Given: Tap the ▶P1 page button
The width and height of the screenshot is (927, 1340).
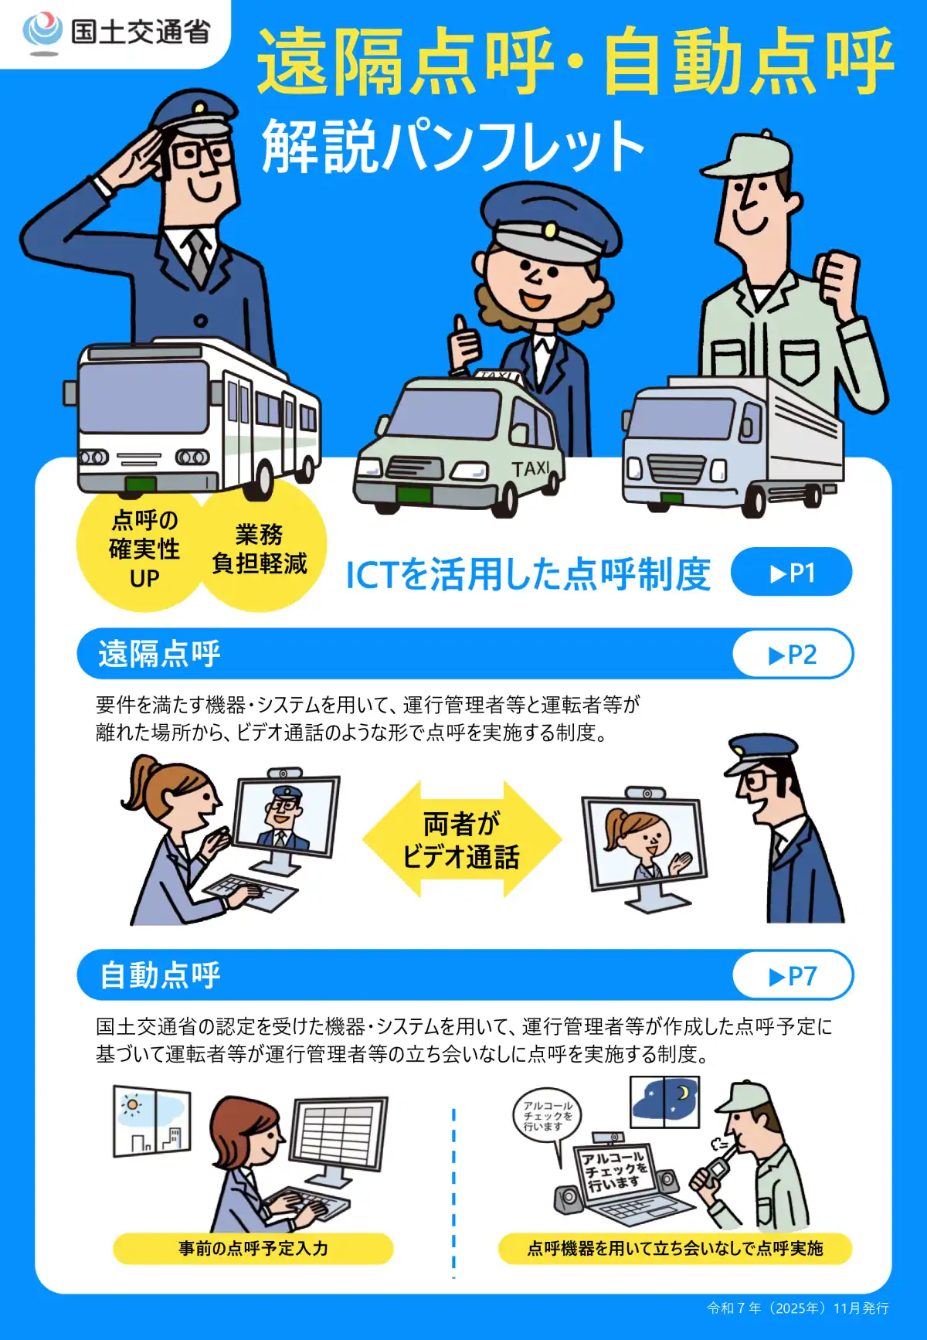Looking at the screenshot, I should tap(791, 573).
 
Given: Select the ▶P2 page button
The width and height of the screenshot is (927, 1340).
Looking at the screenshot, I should tap(793, 655).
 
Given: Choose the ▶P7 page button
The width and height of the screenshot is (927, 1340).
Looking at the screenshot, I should tap(793, 976).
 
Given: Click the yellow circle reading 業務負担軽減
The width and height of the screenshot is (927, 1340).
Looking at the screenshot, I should tap(260, 549).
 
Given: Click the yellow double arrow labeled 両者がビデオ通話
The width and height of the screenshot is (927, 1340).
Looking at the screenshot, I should tap(461, 840).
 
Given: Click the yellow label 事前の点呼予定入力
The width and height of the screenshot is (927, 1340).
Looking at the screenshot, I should tap(253, 1248).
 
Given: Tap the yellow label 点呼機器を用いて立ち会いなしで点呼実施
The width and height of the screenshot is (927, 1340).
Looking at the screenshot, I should tap(674, 1248).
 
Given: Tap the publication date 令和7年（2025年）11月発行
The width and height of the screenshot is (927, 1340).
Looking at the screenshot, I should tap(797, 1308).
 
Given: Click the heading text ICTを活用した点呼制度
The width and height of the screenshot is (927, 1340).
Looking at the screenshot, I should tap(528, 574).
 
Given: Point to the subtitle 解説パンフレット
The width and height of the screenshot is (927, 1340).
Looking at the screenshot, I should tap(453, 146).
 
